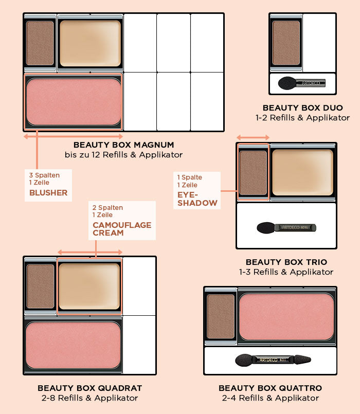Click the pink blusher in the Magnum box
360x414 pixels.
(x=74, y=102)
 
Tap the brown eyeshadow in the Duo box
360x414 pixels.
(x=286, y=43)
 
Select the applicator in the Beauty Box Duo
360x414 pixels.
(x=302, y=83)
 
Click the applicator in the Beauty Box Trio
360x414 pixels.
(x=286, y=228)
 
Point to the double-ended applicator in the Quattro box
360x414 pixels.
(x=273, y=360)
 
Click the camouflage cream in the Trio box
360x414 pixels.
(x=303, y=173)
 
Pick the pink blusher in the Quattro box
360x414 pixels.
(x=286, y=317)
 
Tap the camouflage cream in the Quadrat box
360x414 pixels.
(x=89, y=286)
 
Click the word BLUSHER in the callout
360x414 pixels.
(x=48, y=193)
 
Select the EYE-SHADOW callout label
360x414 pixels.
(x=197, y=199)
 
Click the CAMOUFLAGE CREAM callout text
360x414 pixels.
(x=122, y=229)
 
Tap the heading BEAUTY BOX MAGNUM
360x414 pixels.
(x=123, y=145)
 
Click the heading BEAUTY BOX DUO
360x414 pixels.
(x=303, y=107)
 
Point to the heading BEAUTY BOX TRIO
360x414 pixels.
(x=286, y=262)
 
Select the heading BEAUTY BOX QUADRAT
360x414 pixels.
(x=90, y=388)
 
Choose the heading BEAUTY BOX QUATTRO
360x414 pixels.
(x=270, y=388)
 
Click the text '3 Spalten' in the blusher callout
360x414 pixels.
(x=44, y=175)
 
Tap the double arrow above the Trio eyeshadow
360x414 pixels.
(x=253, y=137)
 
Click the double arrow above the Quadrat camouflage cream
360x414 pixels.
(x=90, y=252)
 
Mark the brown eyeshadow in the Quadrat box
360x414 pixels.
(x=41, y=286)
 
